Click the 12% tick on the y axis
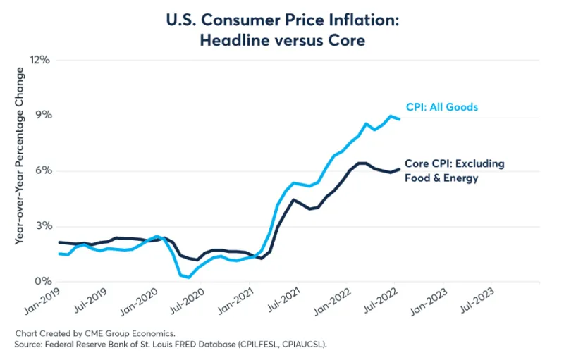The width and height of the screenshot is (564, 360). click(40, 60)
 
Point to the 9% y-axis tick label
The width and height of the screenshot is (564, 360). click(42, 116)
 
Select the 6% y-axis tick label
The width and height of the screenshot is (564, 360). click(42, 171)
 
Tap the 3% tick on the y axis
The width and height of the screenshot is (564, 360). click(42, 226)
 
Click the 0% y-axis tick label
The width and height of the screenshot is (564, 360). click(42, 282)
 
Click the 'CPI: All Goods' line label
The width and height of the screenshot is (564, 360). click(442, 107)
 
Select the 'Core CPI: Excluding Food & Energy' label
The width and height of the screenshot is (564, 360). click(454, 170)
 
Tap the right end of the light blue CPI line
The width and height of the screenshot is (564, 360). click(400, 119)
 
